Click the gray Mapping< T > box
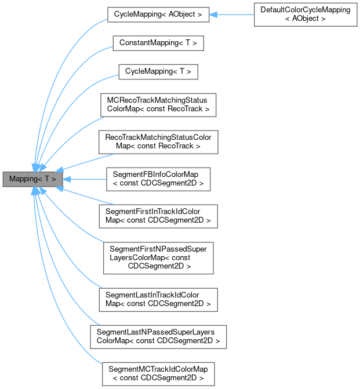click(32, 179)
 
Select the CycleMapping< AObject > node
click(157, 15)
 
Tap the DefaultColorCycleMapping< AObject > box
click(306, 15)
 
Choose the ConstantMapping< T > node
click(158, 43)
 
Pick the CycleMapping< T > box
click(158, 72)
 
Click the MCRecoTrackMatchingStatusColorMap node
click(158, 104)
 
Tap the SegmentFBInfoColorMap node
click(158, 179)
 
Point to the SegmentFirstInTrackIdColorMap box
click(158, 216)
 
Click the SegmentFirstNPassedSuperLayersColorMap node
click(158, 258)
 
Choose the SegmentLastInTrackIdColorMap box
click(158, 299)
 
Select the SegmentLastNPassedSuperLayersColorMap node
click(158, 336)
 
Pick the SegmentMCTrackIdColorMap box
click(158, 373)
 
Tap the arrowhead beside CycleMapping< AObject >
click(213, 15)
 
